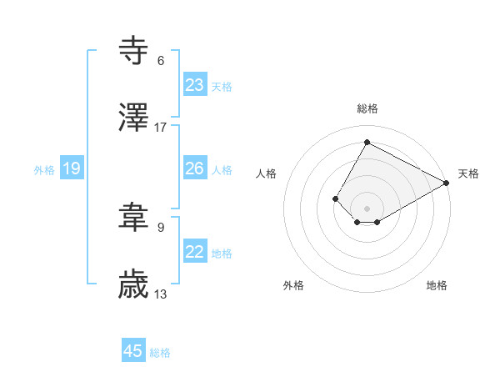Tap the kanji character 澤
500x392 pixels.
tap(134, 118)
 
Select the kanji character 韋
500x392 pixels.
tap(134, 219)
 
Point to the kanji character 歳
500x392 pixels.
tap(134, 286)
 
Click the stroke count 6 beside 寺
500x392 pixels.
tap(161, 61)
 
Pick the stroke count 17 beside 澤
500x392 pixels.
tap(161, 128)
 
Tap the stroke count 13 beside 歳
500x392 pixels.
tap(161, 295)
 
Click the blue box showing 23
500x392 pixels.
tap(195, 85)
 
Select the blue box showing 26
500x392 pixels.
tap(195, 168)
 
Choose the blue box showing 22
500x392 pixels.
tap(195, 252)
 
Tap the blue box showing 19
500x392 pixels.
tap(72, 169)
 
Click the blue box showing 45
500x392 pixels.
tap(133, 351)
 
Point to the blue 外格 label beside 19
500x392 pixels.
tap(44, 170)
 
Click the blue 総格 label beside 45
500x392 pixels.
tap(160, 353)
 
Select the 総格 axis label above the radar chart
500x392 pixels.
tap(367, 108)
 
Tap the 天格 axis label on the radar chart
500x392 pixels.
tap(468, 173)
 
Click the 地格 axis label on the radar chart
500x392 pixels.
tap(437, 285)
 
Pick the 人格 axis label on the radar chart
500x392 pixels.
tap(267, 173)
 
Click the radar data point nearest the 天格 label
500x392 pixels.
tap(447, 183)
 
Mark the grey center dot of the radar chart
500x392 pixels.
tap(367, 208)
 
